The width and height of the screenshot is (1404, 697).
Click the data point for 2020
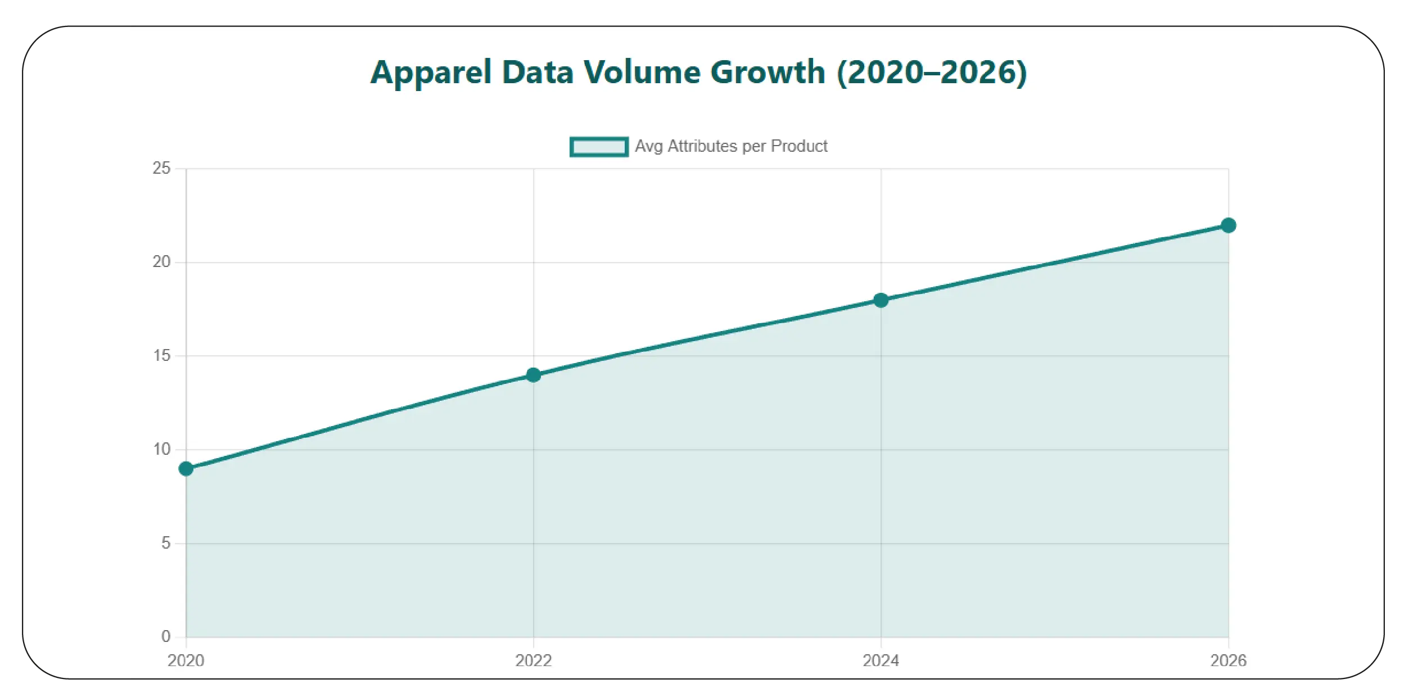tap(186, 469)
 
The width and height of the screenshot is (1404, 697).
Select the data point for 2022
tap(534, 375)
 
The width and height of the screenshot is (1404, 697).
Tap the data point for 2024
tap(881, 300)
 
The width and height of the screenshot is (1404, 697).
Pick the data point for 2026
tap(1229, 225)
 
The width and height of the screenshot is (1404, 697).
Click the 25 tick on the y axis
tap(161, 168)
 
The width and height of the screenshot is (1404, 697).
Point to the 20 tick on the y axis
tap(161, 262)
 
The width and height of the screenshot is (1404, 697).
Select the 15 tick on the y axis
tap(161, 356)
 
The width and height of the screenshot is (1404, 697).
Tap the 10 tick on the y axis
tap(161, 450)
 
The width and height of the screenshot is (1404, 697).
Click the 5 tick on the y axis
tap(165, 543)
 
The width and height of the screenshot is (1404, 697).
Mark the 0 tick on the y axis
tap(165, 636)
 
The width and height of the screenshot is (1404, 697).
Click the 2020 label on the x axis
tap(186, 660)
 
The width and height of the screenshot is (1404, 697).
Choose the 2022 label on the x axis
tap(534, 660)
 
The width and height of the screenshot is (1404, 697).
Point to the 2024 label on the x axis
tap(881, 660)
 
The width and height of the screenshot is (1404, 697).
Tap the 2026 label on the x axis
tap(1229, 660)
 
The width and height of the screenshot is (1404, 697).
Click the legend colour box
tap(599, 147)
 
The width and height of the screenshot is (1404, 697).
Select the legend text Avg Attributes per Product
tap(731, 147)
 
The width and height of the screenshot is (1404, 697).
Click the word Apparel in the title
tap(431, 73)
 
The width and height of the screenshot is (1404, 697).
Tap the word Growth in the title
tap(768, 73)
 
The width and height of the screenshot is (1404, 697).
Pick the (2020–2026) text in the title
tap(932, 73)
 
